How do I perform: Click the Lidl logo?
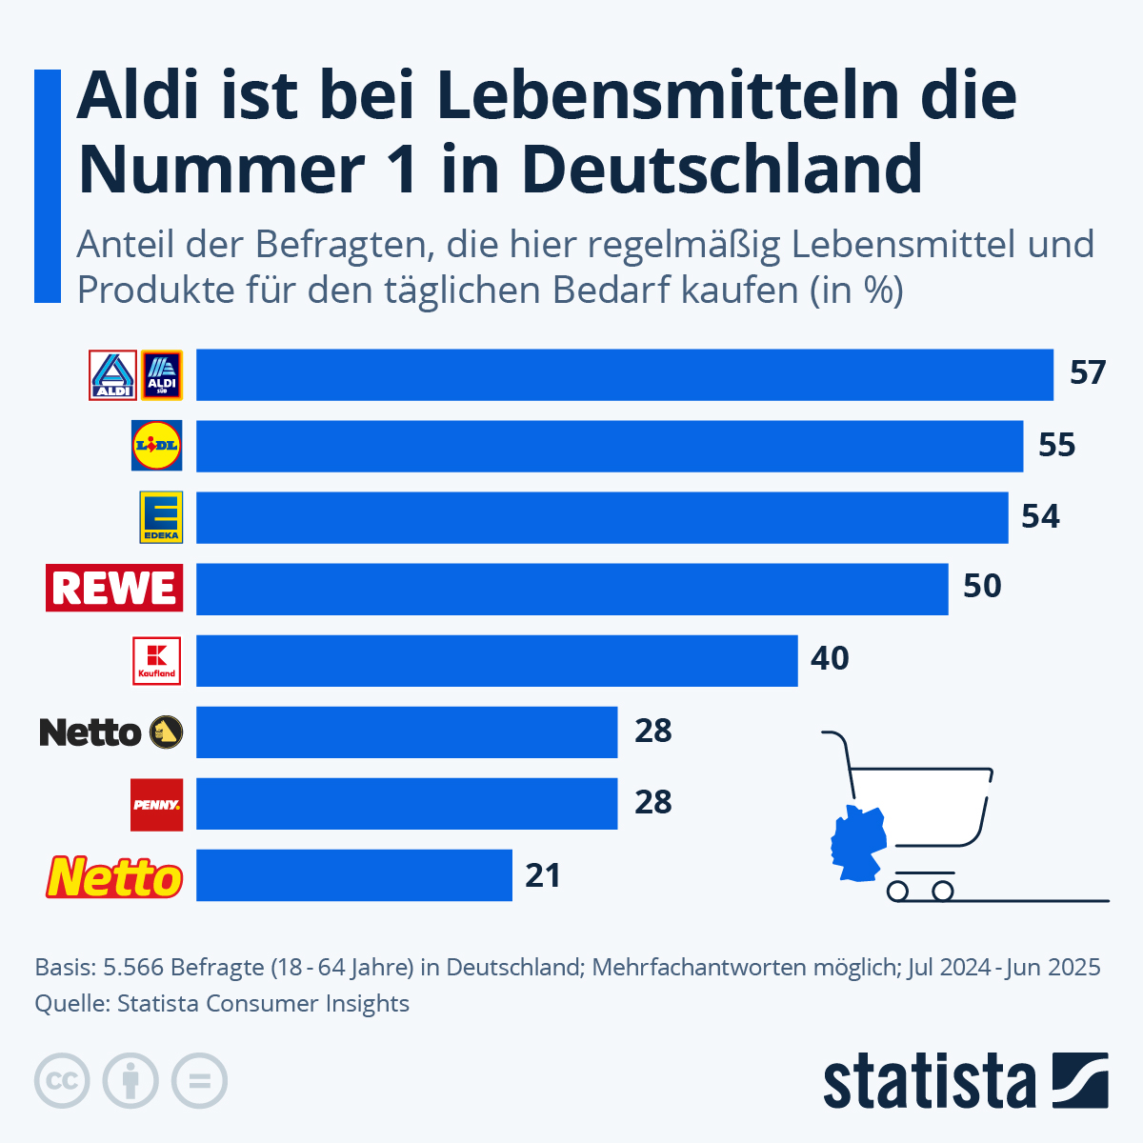click(x=157, y=446)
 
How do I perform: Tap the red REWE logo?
click(x=114, y=588)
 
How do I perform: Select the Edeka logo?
click(x=161, y=517)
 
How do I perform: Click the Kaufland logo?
click(x=157, y=660)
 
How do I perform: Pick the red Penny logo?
click(x=157, y=804)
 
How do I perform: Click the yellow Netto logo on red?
click(x=114, y=877)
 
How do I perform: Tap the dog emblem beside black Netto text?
click(x=164, y=732)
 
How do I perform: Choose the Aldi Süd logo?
click(x=161, y=375)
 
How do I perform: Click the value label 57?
click(x=1087, y=373)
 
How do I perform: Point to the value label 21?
click(x=543, y=875)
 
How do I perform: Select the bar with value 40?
click(x=496, y=660)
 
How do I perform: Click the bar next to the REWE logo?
click(x=571, y=589)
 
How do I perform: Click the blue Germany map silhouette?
click(x=857, y=843)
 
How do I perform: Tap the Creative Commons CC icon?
click(x=62, y=1081)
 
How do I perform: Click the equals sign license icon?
click(x=199, y=1081)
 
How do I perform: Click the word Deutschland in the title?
click(x=722, y=169)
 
